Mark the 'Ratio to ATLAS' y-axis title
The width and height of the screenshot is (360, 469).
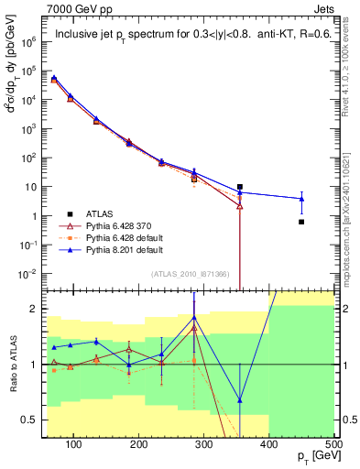[12, 365]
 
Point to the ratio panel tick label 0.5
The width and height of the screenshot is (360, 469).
[32, 420]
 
